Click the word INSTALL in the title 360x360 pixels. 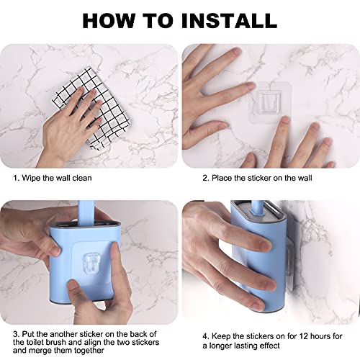coord(230,21)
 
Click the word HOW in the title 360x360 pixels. coord(109,21)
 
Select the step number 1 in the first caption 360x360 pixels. coord(16,178)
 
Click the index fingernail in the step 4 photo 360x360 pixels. coord(266,246)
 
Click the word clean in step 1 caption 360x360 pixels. coord(82,178)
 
